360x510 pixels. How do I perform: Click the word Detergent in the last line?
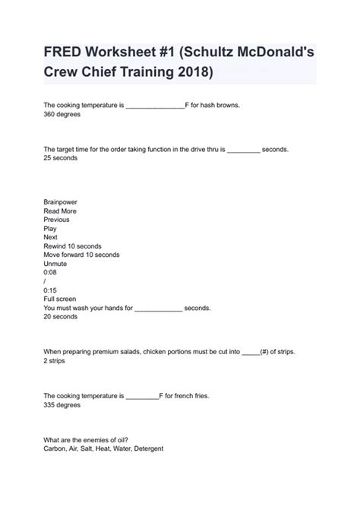pos(147,448)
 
